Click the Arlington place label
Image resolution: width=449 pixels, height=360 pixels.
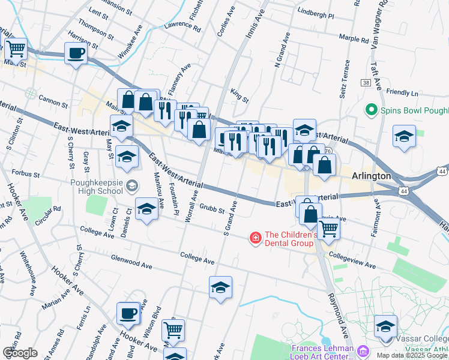point(371,176)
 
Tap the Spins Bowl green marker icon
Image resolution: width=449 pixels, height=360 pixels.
point(371,110)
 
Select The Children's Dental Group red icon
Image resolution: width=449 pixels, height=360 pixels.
point(256,238)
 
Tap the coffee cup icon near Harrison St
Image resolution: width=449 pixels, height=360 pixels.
point(76,53)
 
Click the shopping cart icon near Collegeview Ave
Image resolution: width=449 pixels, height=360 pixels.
point(328,228)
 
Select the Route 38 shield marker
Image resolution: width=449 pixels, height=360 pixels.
point(365,83)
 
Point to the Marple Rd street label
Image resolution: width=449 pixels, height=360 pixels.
point(353,39)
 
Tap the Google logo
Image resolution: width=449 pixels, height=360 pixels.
point(20,352)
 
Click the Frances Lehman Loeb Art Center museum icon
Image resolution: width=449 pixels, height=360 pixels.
point(363,350)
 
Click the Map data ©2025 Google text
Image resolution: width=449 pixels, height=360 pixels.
point(412,355)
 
